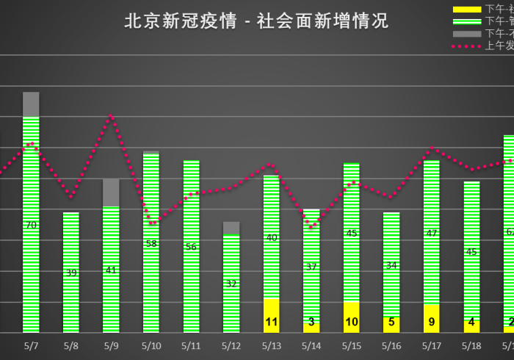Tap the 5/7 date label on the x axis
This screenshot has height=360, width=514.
31,345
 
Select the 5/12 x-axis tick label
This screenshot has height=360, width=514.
231,345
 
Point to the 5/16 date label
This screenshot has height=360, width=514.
391,345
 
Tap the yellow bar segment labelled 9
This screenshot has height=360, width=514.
432,319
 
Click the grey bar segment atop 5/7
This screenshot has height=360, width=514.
31,104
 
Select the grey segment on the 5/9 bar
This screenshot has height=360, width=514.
111,192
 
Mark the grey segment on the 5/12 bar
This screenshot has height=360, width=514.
231,228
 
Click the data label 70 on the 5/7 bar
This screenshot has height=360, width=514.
31,225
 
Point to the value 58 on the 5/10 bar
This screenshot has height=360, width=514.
151,243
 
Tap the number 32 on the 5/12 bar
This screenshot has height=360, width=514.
231,284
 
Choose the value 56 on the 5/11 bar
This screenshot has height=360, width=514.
191,247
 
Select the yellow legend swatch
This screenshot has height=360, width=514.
467,9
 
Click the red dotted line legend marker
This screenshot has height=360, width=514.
467,46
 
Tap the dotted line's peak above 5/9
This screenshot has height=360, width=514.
111,115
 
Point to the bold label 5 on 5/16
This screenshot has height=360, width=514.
391,322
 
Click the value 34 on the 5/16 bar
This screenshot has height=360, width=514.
391,265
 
